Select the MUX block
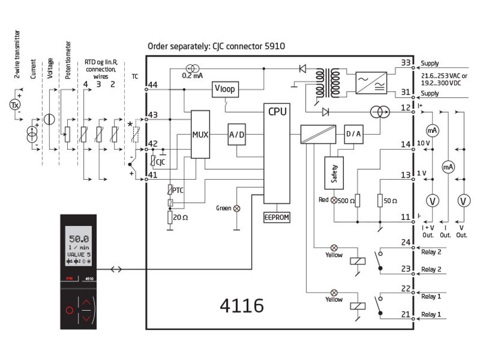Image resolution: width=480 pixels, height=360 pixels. click(200, 134)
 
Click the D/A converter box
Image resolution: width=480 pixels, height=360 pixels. click(353, 134)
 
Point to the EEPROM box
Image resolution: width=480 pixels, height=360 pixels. click(277, 216)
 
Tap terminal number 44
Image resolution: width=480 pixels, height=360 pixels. click(151, 84)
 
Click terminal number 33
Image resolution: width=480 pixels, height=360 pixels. click(405, 63)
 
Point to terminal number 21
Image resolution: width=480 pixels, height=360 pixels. click(405, 314)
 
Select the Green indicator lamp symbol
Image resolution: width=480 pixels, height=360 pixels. click(236, 209)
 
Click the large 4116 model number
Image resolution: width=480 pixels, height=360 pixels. click(241, 306)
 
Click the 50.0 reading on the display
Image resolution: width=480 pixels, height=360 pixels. click(78, 238)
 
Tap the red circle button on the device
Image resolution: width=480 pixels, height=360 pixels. click(70, 310)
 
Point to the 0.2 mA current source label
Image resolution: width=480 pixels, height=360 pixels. click(192, 75)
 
